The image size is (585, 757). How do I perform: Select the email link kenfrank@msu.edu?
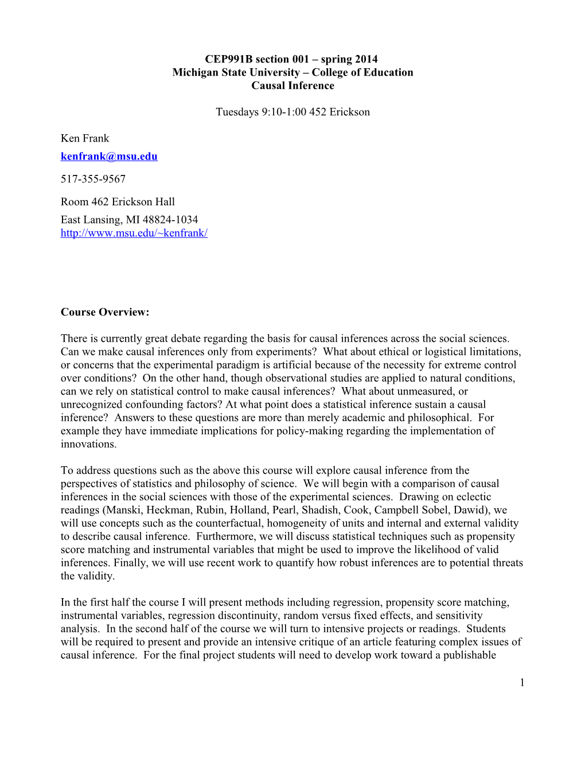click(x=109, y=156)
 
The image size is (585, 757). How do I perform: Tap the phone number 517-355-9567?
click(x=93, y=179)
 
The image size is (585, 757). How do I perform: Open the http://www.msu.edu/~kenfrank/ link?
click(x=134, y=233)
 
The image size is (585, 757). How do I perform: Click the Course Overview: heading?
click(x=105, y=312)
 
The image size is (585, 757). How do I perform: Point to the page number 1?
click(x=522, y=682)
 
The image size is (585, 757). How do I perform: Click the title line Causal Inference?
click(x=292, y=85)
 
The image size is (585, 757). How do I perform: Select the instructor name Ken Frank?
click(x=85, y=138)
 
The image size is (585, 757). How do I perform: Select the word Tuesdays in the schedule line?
click(x=237, y=112)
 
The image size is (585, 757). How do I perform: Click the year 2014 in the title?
click(x=366, y=59)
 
